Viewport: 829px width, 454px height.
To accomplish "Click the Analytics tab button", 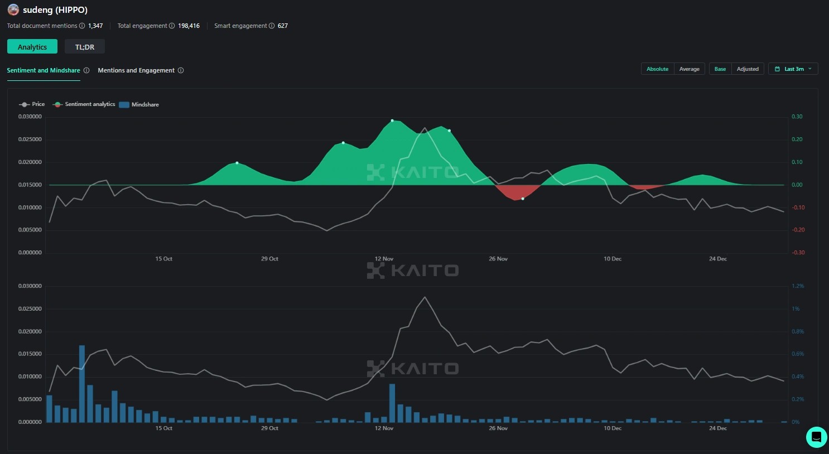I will (32, 47).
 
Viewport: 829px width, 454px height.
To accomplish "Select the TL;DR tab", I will (85, 47).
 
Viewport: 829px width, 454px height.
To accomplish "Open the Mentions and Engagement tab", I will (136, 70).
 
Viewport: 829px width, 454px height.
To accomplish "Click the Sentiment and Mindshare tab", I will (44, 70).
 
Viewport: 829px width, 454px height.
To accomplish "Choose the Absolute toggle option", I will (657, 69).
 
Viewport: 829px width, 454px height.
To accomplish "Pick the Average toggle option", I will (689, 69).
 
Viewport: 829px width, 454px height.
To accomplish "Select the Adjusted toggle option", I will (748, 69).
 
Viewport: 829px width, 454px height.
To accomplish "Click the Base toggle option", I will (720, 69).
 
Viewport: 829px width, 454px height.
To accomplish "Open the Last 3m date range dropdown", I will (793, 69).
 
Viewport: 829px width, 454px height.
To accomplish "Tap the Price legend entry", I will (32, 104).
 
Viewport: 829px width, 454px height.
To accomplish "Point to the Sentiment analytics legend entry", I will (84, 104).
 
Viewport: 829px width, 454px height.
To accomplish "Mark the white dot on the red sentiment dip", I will (523, 199).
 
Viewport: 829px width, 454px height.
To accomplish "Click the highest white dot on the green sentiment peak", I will (392, 120).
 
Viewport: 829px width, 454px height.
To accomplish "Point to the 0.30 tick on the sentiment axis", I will (797, 117).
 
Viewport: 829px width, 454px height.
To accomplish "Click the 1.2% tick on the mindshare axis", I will (798, 286).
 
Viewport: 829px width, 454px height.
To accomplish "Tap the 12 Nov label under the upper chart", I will (384, 259).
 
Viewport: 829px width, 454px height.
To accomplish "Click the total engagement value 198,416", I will (189, 26).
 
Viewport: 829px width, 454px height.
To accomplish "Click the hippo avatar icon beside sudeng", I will (13, 10).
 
